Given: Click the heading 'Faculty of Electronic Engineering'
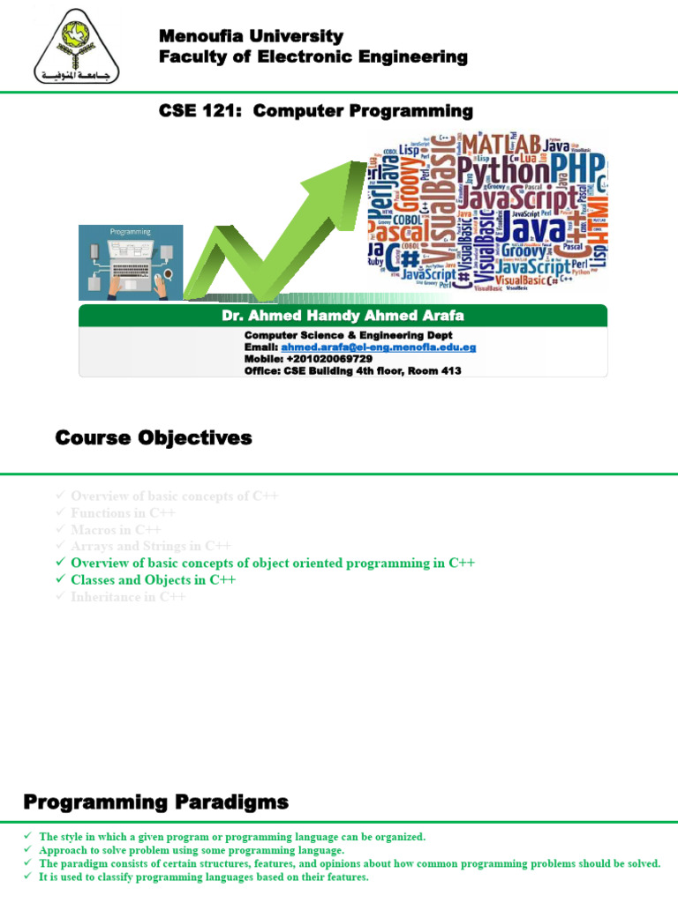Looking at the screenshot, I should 313,57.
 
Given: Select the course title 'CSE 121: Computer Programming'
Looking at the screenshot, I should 315,111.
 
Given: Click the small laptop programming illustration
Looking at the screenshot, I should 131,262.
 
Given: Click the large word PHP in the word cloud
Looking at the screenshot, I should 577,167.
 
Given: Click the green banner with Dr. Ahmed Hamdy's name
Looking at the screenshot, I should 343,316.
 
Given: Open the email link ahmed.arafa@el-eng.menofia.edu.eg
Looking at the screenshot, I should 379,347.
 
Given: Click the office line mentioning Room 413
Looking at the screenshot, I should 352,371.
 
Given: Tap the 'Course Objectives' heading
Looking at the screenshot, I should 154,438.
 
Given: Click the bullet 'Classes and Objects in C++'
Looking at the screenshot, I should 153,580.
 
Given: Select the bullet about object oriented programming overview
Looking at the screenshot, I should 273,563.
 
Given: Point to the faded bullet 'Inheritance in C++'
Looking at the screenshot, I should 128,597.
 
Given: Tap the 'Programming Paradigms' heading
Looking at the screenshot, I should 155,802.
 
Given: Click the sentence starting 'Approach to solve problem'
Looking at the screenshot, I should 192,850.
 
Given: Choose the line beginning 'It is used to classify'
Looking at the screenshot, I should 203,877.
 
